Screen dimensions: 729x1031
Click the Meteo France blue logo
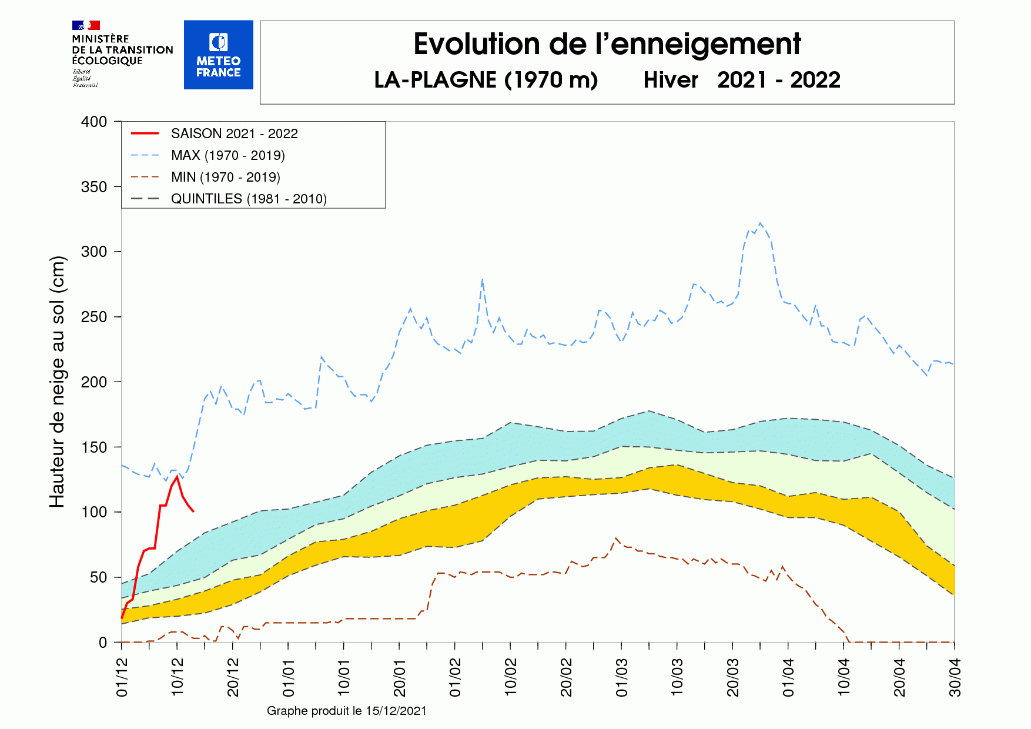pos(218,55)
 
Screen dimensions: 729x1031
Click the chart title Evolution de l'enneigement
pos(607,45)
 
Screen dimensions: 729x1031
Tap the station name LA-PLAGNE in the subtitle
pos(435,80)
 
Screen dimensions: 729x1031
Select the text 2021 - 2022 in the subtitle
pos(778,80)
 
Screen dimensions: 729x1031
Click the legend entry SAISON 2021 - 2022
pos(234,133)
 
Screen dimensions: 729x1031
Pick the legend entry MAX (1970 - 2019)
pos(227,155)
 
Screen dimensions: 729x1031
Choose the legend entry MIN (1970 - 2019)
pos(225,177)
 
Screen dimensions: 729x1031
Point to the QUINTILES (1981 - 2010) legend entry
pos(248,199)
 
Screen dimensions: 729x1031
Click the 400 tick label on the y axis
pos(94,122)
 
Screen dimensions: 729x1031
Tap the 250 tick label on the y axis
pos(94,317)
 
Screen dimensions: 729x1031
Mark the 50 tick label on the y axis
pos(98,577)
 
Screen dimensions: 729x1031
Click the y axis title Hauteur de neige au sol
pos(57,382)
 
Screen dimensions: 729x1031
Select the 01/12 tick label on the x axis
pos(122,677)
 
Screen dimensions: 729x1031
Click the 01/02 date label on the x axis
pos(456,677)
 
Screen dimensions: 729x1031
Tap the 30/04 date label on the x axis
pos(955,677)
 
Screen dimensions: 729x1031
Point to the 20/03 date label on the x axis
pos(733,677)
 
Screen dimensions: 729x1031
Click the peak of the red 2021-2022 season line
pos(177,476)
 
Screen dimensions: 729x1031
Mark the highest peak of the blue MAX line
pos(760,223)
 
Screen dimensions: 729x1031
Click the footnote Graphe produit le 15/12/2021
pos(346,711)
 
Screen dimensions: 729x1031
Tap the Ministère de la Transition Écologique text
pos(122,50)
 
